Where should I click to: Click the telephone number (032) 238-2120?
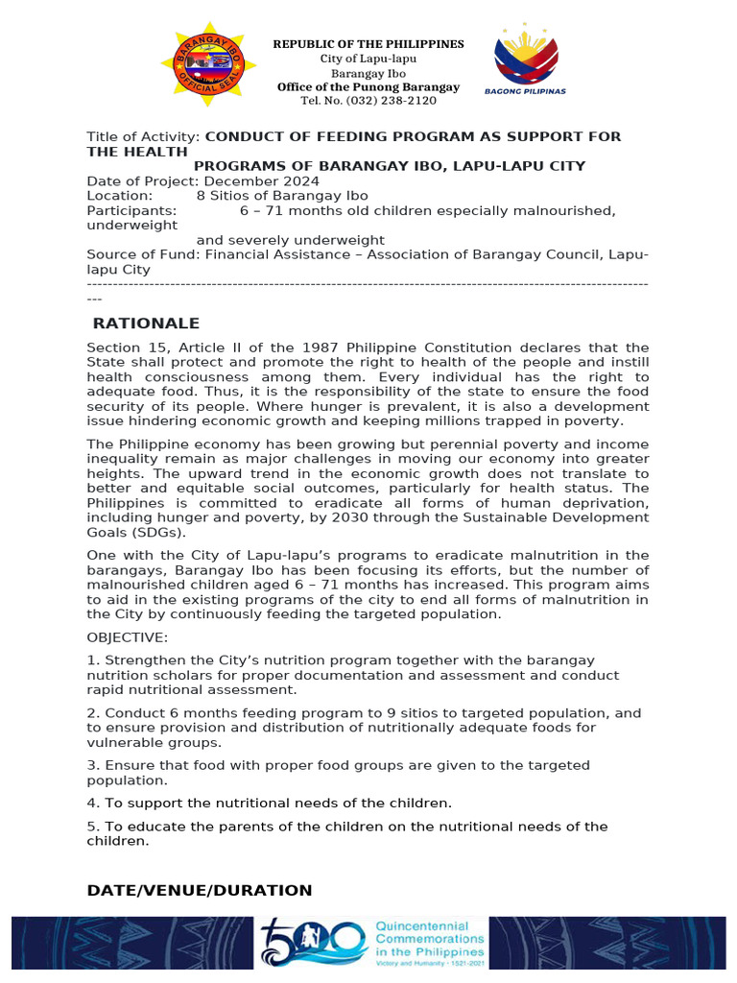click(x=368, y=101)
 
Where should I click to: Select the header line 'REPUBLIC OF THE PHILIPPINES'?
click(x=368, y=44)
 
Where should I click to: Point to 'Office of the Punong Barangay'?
click(x=368, y=87)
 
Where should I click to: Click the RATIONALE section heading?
click(x=146, y=324)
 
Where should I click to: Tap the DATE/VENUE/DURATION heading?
click(x=200, y=890)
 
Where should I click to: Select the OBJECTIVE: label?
click(x=127, y=637)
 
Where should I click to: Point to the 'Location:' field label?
click(x=116, y=196)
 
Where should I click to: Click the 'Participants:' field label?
click(x=131, y=210)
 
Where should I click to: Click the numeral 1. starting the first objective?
click(x=92, y=660)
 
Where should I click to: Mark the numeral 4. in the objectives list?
click(x=92, y=803)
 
